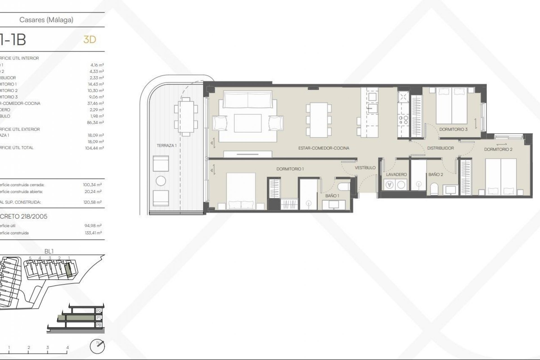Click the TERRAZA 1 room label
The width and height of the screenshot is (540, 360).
pos(166,146)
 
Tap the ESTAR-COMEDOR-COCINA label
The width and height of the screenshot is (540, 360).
pos(324,148)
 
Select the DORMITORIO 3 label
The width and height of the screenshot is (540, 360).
pos(453,129)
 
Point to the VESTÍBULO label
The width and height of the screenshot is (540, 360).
pos(365,168)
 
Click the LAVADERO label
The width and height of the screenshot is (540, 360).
pos(396,175)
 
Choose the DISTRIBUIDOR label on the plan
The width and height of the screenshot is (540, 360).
pos(440,148)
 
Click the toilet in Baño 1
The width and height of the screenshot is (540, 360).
pos(344,186)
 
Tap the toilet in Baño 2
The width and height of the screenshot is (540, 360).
pos(434,189)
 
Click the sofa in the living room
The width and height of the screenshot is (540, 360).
pos(248,99)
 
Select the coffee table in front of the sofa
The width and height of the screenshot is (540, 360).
pos(247,123)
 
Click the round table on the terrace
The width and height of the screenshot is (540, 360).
pos(161,181)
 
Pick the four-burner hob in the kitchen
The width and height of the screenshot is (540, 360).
pos(403,120)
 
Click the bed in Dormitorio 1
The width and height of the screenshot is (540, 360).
pos(241,191)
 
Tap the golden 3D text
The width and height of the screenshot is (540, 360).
pos(90,40)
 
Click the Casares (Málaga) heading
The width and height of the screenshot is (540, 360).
pos(46,20)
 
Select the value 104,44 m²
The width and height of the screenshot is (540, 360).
pos(94,148)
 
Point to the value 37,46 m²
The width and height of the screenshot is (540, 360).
pos(95,103)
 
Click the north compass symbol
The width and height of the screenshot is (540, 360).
pos(97,346)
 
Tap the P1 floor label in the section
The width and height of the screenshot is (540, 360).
pos(98,318)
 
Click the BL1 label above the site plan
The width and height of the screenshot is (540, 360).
pos(49,251)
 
